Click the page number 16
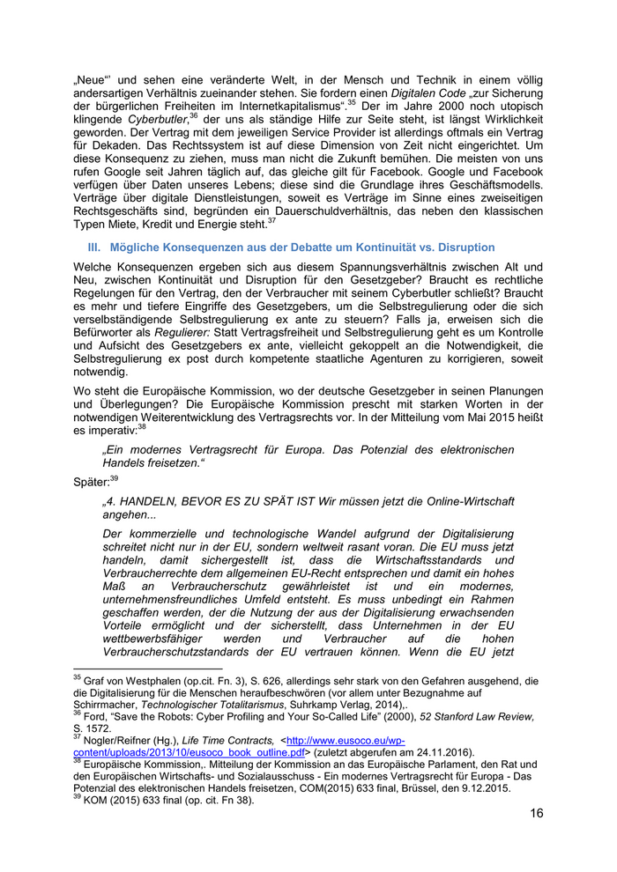(x=536, y=812)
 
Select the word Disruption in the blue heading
(x=464, y=248)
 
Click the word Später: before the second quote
(x=91, y=482)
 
